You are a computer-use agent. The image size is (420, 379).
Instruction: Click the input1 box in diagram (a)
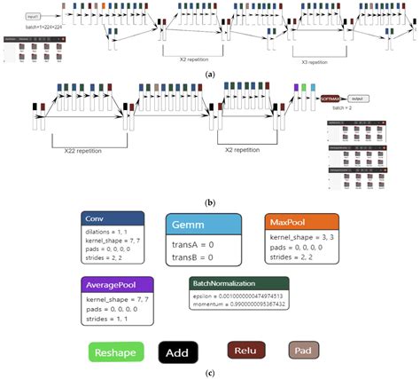click(32, 16)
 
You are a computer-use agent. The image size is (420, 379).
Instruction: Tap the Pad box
click(317, 351)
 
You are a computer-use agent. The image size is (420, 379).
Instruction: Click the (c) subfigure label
click(210, 374)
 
